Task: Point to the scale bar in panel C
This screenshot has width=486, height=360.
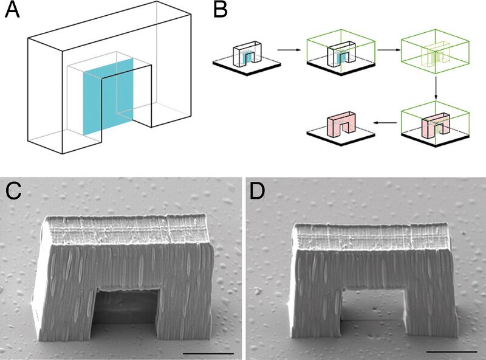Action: point(208,353)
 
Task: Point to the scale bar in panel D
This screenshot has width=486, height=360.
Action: point(451,351)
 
